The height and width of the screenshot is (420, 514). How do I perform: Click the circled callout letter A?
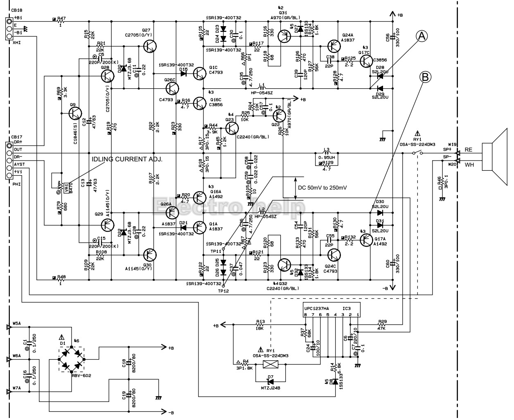pyautogui.click(x=422, y=36)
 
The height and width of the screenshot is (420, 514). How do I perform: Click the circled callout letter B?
pyautogui.click(x=425, y=76)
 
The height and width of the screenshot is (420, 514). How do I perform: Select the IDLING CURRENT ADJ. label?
pyautogui.click(x=127, y=159)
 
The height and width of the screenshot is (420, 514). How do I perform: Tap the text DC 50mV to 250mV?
pyautogui.click(x=322, y=188)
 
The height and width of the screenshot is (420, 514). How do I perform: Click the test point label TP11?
pyautogui.click(x=216, y=251)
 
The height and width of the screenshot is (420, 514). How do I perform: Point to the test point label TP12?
pyautogui.click(x=223, y=290)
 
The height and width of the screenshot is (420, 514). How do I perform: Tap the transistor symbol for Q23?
pyautogui.click(x=232, y=128)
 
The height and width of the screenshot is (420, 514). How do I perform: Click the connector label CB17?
pyautogui.click(x=17, y=137)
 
